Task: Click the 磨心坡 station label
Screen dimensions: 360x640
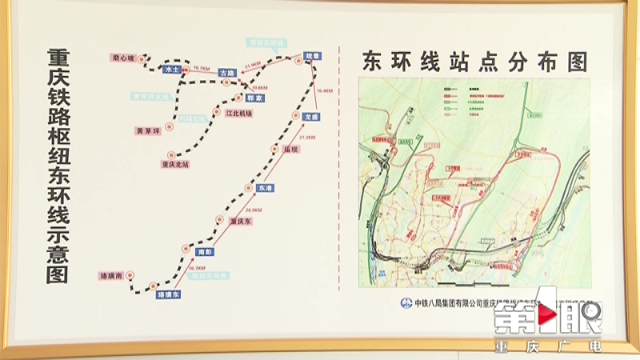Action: tap(126, 58)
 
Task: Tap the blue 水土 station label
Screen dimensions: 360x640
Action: tap(170, 70)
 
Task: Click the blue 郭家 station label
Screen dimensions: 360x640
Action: tap(254, 98)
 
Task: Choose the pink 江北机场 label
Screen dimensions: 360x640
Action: tap(239, 114)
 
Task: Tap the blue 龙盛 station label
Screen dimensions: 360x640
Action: tap(311, 117)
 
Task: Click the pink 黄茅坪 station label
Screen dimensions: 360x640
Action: tap(150, 130)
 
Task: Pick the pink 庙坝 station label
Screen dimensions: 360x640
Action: tap(290, 150)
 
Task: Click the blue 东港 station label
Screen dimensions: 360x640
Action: tap(266, 186)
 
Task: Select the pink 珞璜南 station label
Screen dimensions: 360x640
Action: tap(110, 274)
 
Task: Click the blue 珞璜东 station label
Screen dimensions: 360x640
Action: tap(168, 294)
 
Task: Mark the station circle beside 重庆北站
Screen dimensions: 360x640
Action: tap(169, 154)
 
